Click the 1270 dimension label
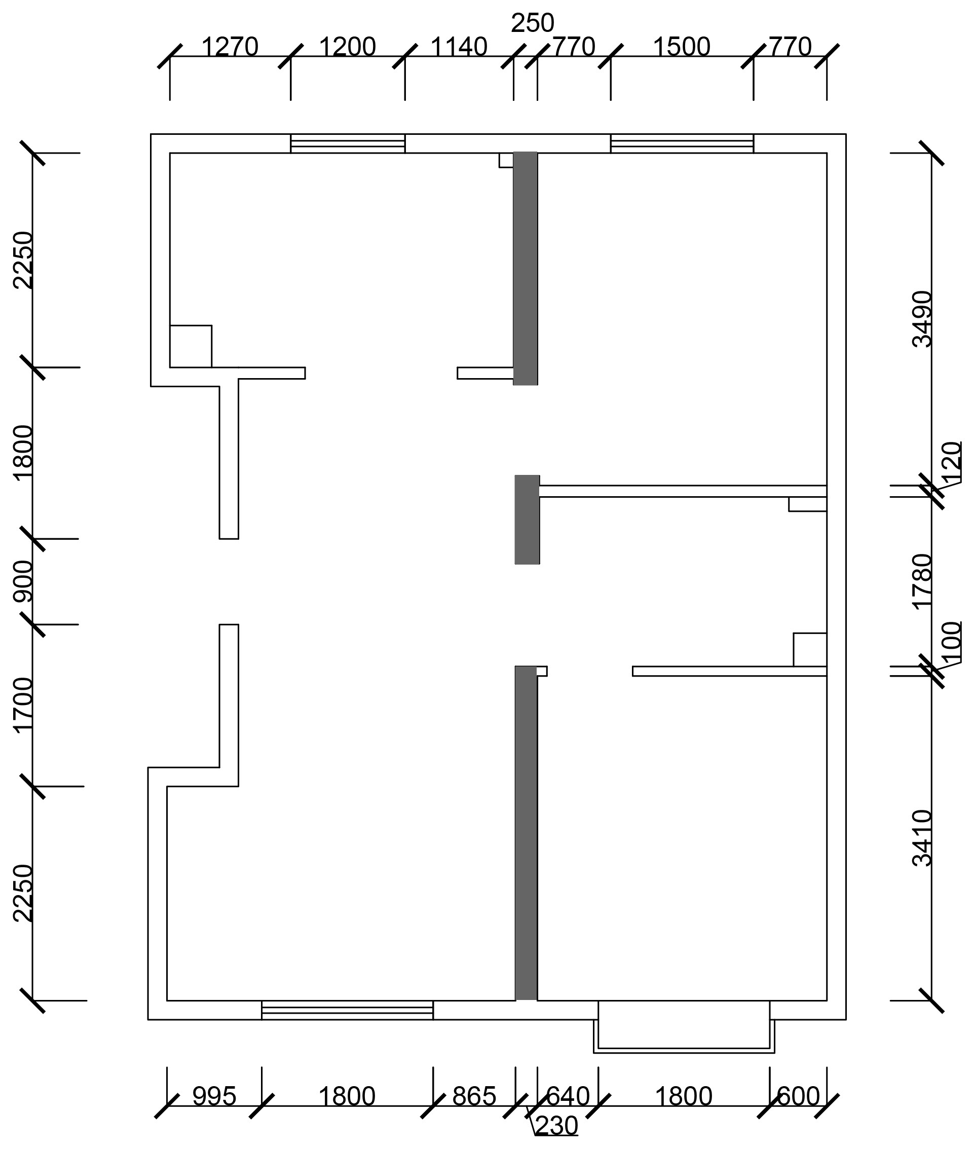[x=230, y=47]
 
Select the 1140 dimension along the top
[x=459, y=47]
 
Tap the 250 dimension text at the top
[x=532, y=23]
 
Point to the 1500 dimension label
[x=682, y=47]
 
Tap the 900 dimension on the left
[x=23, y=581]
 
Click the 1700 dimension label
[x=23, y=705]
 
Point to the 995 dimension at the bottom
[x=214, y=1097]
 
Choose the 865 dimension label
[x=474, y=1097]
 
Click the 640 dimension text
[x=568, y=1097]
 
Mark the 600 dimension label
[x=798, y=1097]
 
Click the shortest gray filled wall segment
[x=528, y=520]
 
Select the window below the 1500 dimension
[x=682, y=143]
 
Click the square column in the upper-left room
[x=191, y=346]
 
